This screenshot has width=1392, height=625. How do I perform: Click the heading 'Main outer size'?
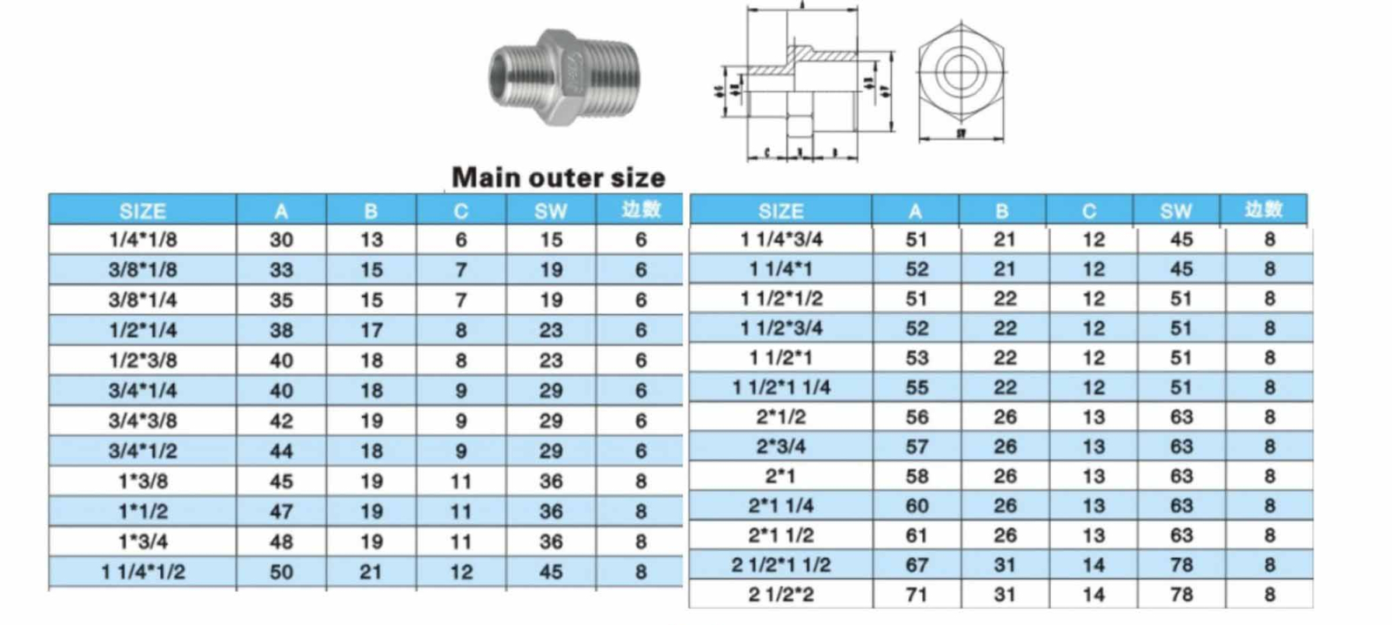pos(558,178)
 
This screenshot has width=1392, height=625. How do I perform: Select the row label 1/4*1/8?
pos(143,239)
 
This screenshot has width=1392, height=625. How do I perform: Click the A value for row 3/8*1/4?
pos(281,300)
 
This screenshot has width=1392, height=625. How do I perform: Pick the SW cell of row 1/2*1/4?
pos(551,331)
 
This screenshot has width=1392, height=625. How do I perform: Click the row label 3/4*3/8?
pos(143,421)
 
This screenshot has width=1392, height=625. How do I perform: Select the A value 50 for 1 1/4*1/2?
pos(281,573)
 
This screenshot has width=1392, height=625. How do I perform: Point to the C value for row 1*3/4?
pos(461,542)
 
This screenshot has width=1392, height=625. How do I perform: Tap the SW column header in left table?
pos(551,211)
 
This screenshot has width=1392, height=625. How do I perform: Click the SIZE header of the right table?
pos(780,211)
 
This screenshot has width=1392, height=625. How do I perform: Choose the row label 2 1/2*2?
pos(780,595)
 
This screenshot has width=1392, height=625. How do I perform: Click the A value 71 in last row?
pos(916,595)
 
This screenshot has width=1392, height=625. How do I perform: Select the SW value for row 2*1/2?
pos(1181,417)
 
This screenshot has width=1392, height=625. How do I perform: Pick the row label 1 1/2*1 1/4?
pos(780,387)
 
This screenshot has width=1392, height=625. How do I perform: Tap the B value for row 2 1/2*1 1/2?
pos(1005,565)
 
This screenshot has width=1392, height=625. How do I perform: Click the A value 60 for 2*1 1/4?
pos(916,506)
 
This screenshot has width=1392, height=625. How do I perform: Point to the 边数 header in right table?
pos(1263,210)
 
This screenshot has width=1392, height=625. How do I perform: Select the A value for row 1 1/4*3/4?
pos(916,239)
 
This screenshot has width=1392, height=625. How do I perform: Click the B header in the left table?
pos(371,211)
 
